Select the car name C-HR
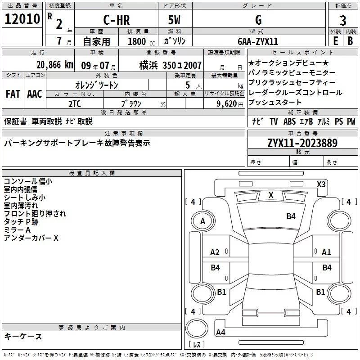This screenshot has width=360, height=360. pyautogui.click(x=116, y=20)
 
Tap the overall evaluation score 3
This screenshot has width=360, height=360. pyautogui.click(x=343, y=20)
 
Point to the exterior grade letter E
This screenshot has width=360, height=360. pyautogui.click(x=335, y=40)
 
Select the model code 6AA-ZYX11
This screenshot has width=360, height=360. pyautogui.click(x=258, y=41)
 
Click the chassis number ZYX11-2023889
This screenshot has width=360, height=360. pyautogui.click(x=302, y=144)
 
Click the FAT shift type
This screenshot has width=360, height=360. pyautogui.click(x=13, y=94)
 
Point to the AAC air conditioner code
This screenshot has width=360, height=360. pyautogui.click(x=35, y=94)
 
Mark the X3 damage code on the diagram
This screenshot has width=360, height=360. pyautogui.click(x=321, y=184)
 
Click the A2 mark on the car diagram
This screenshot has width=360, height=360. pyautogui.click(x=215, y=252)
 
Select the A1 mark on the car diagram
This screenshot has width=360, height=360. pyautogui.click(x=326, y=252)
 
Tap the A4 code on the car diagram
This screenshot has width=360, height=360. pyautogui.click(x=220, y=333)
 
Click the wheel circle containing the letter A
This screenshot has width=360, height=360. pyautogui.click(x=202, y=221)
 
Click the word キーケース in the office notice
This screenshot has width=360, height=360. pyautogui.click(x=23, y=336)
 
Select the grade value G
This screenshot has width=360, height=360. pyautogui.click(x=258, y=20)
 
